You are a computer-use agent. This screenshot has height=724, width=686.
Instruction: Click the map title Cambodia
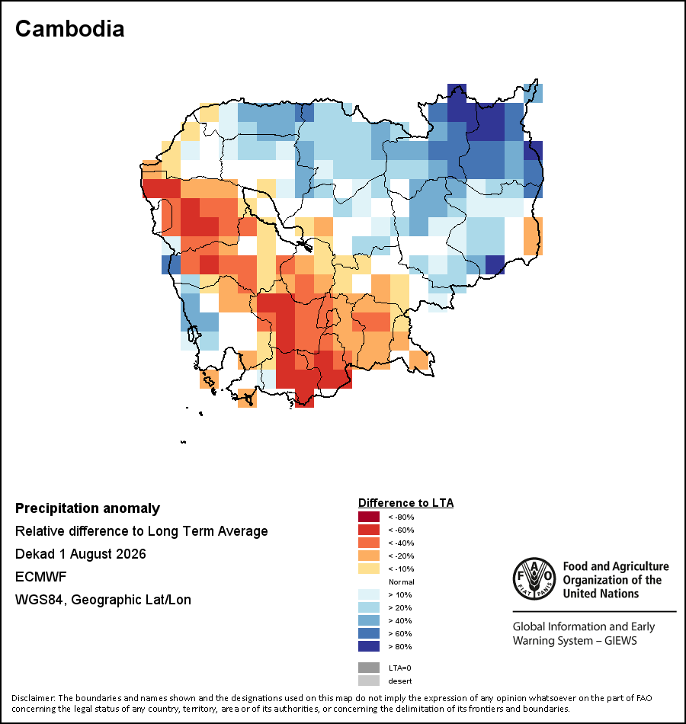70,29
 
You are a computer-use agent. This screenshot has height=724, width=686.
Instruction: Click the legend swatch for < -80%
369,517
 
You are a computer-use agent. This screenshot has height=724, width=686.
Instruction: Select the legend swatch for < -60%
369,530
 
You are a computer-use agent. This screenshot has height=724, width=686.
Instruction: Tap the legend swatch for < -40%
369,543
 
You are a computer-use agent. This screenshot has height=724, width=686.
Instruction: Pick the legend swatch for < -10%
369,569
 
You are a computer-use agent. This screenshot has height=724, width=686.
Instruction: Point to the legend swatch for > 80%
369,646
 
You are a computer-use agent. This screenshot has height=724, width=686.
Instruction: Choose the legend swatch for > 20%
369,607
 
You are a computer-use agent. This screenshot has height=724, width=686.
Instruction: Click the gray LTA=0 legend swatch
369,668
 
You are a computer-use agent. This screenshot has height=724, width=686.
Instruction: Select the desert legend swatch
369,681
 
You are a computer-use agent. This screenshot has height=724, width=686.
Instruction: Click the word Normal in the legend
402,581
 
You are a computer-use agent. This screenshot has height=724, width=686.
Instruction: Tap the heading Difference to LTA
406,503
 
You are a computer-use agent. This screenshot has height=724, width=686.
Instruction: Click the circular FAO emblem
534,578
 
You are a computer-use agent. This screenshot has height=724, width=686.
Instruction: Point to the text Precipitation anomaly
88,508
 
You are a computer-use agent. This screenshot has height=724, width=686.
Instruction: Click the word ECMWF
40,577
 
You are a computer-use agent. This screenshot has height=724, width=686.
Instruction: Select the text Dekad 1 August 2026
80,554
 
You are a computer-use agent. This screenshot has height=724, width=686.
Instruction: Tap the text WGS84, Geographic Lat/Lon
103,600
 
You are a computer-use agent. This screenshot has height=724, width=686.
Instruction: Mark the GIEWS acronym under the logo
621,641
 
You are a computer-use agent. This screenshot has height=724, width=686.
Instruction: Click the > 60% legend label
400,633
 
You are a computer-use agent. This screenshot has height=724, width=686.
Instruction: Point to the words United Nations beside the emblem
601,594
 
